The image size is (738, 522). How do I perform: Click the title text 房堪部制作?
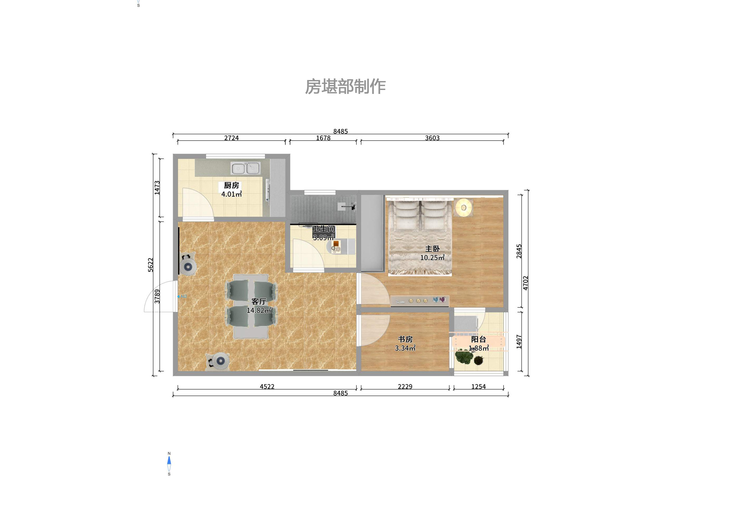pos(345,87)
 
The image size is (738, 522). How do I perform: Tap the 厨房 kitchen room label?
pos(231,185)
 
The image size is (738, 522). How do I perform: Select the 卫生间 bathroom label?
pos(323,229)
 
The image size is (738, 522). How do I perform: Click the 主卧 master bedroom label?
pos(432,249)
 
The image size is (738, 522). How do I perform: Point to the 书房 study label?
pos(405,339)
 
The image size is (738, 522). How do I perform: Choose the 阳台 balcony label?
pos(479,339)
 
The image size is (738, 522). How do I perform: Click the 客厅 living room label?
pos(259,301)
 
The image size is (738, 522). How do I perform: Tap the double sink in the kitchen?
pos(245,168)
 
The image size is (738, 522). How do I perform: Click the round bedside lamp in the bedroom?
pos(463,207)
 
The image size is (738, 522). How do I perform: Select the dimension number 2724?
pos(231,138)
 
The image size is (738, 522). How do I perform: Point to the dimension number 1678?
pos(323,138)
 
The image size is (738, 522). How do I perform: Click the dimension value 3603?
pos(432,138)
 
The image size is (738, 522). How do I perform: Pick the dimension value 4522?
pos(267,386)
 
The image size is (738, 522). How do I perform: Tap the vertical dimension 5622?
pos(151,265)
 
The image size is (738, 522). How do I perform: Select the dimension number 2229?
pos(405,386)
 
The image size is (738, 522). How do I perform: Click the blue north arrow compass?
pos(169,463)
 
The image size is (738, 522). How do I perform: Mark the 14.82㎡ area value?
pos(259,311)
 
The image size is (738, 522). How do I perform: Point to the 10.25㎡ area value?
pos(432,258)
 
